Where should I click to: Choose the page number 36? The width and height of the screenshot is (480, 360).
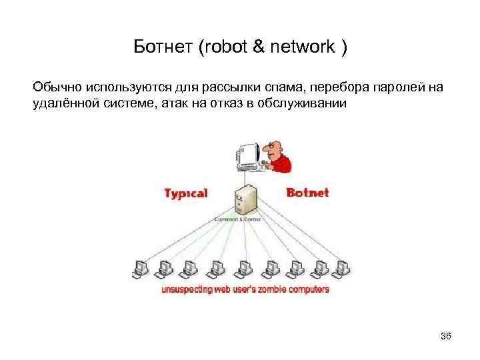446,336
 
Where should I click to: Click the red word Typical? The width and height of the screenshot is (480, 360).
186,194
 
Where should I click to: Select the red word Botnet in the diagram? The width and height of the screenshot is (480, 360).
307,194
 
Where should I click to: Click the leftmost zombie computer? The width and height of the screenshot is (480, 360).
140,267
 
